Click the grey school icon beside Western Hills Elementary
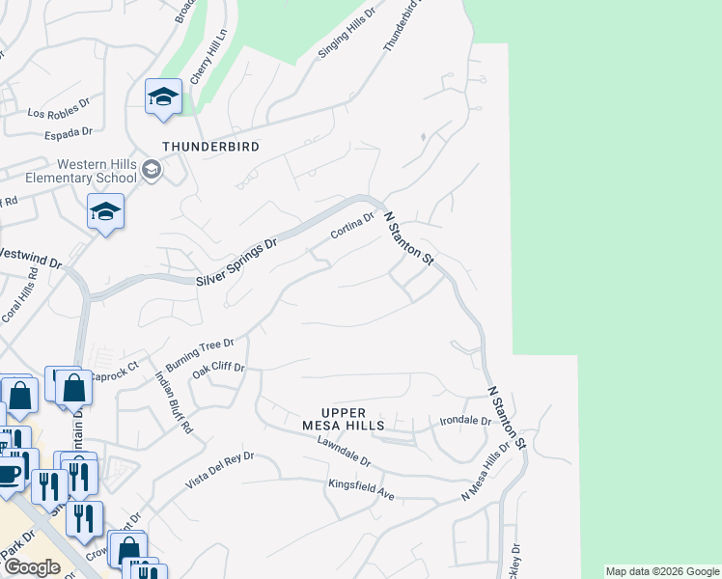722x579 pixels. click(151, 171)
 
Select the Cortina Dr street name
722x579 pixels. click(351, 227)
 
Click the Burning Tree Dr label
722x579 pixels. click(200, 355)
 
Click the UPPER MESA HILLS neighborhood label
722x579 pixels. click(343, 419)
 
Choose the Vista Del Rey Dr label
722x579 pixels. click(222, 469)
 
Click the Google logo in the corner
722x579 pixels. click(32, 567)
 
